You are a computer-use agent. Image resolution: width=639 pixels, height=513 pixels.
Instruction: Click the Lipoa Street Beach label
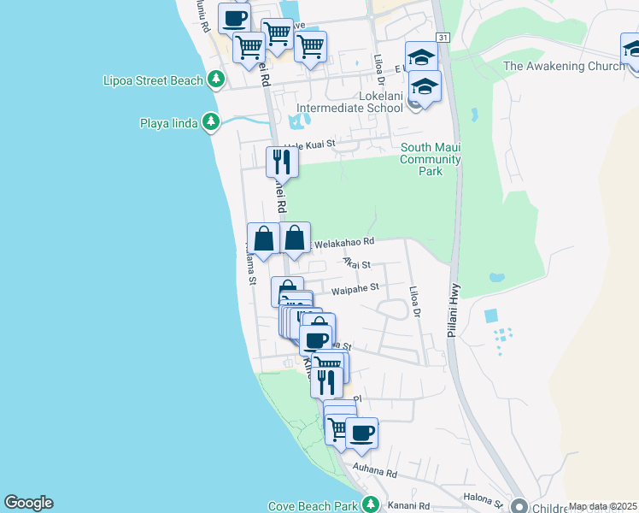pos(152,80)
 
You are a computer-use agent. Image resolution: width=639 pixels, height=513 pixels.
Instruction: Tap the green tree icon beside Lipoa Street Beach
pos(217,80)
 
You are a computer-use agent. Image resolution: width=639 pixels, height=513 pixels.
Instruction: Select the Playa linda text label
pos(168,123)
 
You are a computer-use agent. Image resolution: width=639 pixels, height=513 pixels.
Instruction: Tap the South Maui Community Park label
pos(431,159)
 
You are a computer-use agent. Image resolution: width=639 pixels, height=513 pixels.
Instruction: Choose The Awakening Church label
pos(564,66)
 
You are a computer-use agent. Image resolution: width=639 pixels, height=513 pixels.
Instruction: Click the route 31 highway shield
pos(442,38)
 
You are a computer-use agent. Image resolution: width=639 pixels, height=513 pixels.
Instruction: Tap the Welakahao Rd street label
pos(344,244)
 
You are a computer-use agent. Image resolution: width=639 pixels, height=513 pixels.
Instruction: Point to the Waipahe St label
pos(355,291)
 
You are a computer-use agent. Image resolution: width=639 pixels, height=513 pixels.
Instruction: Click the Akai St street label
pos(356,264)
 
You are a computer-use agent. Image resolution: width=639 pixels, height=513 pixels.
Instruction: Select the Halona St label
pos(481,497)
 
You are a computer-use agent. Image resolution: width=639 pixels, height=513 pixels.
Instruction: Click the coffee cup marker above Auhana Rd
pos(361,433)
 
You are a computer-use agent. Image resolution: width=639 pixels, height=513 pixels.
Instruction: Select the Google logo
pos(28,503)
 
